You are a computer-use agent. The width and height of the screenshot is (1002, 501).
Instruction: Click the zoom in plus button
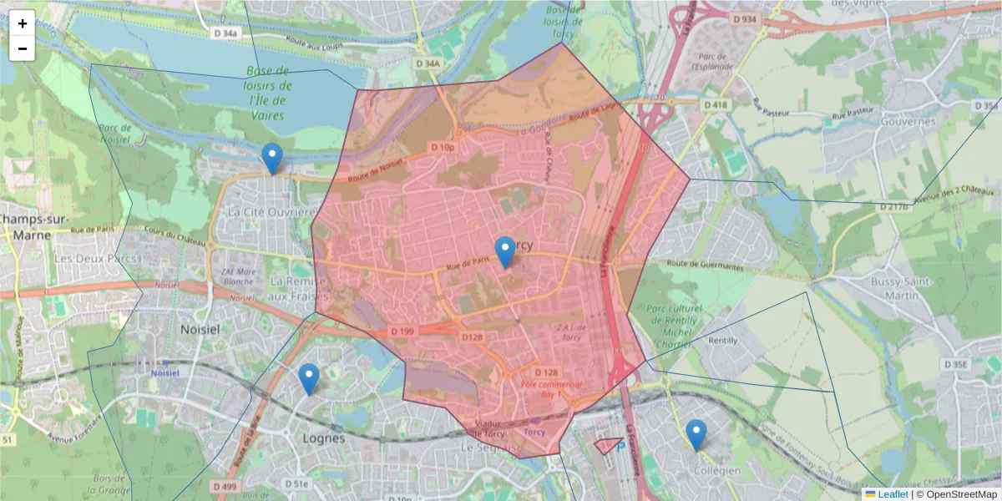point(23,23)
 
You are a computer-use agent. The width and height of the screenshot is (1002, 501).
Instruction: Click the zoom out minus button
point(23,48)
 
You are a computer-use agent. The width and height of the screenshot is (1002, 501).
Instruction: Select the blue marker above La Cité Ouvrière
point(271,158)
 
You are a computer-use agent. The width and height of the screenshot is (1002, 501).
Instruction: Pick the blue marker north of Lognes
point(309,379)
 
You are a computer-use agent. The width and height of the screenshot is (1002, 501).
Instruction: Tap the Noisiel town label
point(200,330)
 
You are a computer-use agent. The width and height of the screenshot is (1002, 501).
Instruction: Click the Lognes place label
point(323,438)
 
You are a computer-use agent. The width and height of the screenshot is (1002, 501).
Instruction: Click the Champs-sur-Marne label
point(25,226)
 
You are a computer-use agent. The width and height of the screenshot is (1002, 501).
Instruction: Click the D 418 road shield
point(716,104)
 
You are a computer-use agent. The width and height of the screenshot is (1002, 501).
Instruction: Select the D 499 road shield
point(225,486)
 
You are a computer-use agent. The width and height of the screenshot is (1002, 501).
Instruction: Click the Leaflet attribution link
point(893,494)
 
